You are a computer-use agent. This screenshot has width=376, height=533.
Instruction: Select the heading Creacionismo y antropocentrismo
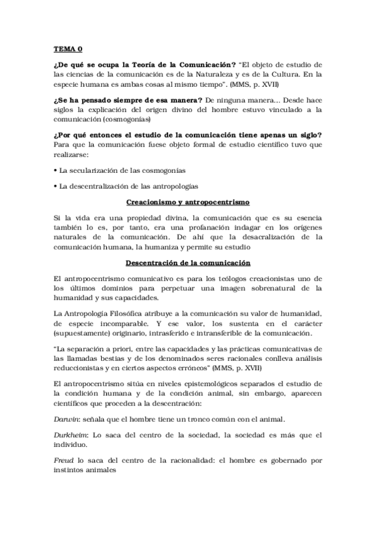click(188, 202)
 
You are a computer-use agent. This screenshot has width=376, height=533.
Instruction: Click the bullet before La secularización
click(55, 171)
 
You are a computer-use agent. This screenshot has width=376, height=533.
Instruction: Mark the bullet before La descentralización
click(55, 187)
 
